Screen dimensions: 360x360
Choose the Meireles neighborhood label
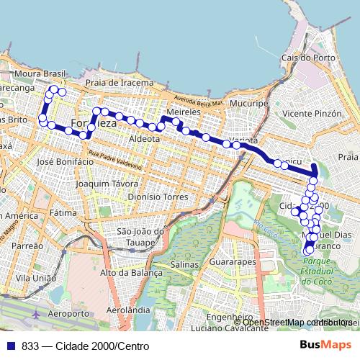pos(181,114)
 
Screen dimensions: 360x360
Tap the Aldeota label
pos(144,138)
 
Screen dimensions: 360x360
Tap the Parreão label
pos(28,246)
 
